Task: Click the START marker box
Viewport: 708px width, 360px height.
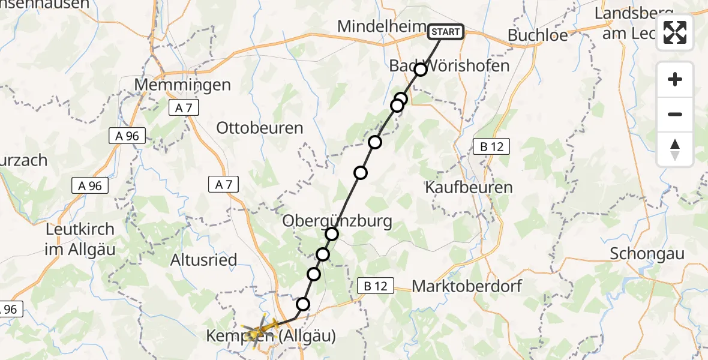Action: point(446,32)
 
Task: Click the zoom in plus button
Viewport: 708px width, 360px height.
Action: point(675,79)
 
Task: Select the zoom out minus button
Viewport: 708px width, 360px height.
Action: point(675,114)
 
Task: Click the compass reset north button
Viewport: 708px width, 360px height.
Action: point(675,149)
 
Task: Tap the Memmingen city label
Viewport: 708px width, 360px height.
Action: point(182,85)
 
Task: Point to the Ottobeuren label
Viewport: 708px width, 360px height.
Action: point(260,128)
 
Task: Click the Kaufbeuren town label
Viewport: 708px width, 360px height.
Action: point(469,187)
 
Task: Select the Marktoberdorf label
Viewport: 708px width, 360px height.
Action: point(467,286)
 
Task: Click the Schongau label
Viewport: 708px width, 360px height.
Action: point(647,253)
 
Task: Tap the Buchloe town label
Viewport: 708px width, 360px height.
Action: point(538,35)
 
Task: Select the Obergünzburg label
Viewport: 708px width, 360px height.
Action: point(338,221)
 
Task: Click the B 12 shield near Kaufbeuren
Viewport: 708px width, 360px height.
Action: point(491,146)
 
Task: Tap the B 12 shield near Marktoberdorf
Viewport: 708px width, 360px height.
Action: point(376,287)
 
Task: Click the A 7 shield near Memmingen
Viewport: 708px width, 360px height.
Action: point(184,108)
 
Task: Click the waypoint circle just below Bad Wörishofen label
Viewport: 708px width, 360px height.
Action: point(421,70)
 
